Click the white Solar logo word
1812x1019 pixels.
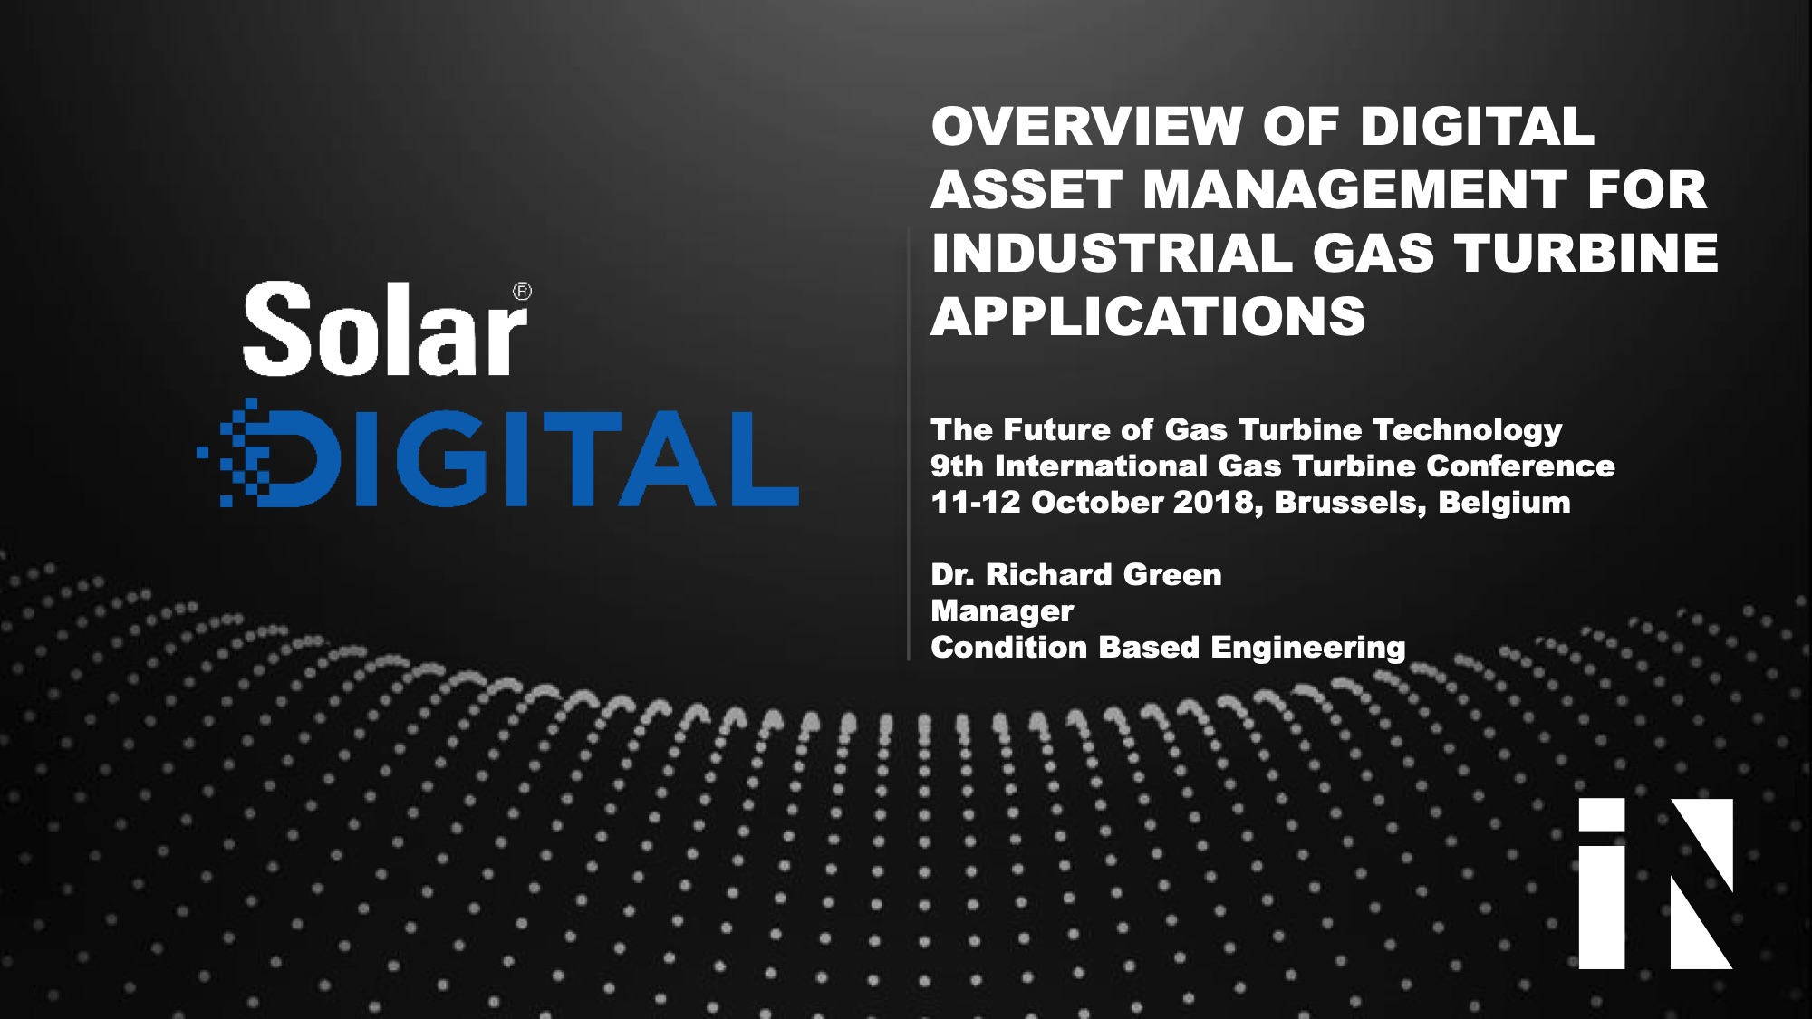pyautogui.click(x=384, y=330)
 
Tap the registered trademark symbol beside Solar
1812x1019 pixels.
pyautogui.click(x=522, y=292)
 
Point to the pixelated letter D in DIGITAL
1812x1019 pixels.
pyautogui.click(x=272, y=458)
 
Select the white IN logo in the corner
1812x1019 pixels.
pyautogui.click(x=1655, y=883)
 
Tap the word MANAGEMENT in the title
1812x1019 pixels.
pyautogui.click(x=1354, y=189)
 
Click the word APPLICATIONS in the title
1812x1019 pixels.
pyautogui.click(x=1148, y=316)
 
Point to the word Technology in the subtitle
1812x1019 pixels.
pyautogui.click(x=1467, y=430)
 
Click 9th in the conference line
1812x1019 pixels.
pyautogui.click(x=956, y=466)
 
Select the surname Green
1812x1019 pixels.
pyautogui.click(x=1172, y=575)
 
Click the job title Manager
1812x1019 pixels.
pyautogui.click(x=1002, y=611)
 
